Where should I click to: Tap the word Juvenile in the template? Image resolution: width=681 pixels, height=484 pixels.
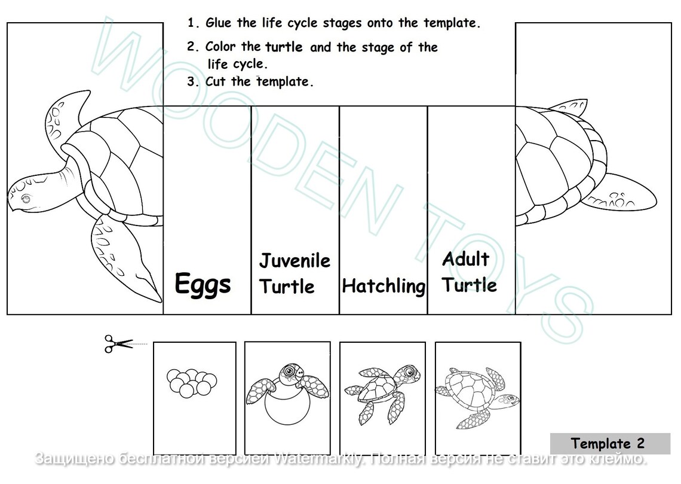click(295, 261)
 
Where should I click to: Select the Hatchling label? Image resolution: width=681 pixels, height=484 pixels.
click(384, 286)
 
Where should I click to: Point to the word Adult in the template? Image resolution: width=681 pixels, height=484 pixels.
click(465, 259)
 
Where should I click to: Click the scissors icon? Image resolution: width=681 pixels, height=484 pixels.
click(118, 344)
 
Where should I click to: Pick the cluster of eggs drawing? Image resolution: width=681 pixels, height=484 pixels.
click(192, 382)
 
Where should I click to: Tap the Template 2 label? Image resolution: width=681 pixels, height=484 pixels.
click(608, 443)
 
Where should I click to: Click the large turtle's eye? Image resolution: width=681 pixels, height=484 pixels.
click(25, 198)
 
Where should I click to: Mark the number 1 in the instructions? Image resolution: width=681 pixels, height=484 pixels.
click(191, 23)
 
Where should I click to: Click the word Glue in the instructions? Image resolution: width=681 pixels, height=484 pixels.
click(219, 23)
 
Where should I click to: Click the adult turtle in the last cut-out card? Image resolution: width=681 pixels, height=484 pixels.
click(476, 395)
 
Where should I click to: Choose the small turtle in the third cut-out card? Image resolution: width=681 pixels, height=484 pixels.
click(382, 389)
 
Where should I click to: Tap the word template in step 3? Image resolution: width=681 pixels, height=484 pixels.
click(284, 82)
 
